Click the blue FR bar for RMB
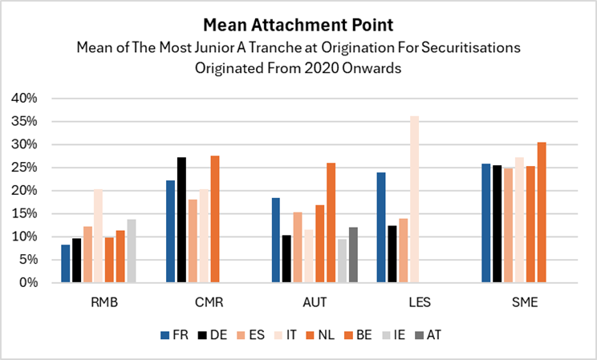[x=66, y=264]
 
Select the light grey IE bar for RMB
[x=132, y=251]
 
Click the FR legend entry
[x=177, y=335]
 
